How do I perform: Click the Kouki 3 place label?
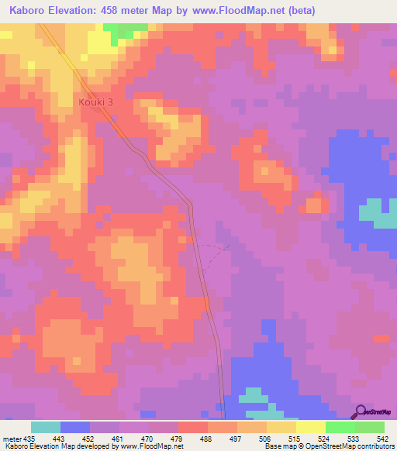[x=95, y=102]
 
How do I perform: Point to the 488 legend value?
[x=205, y=438]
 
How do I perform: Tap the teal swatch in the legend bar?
[x=45, y=427]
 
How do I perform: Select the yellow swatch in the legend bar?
[x=309, y=427]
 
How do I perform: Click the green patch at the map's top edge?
[x=124, y=29]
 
